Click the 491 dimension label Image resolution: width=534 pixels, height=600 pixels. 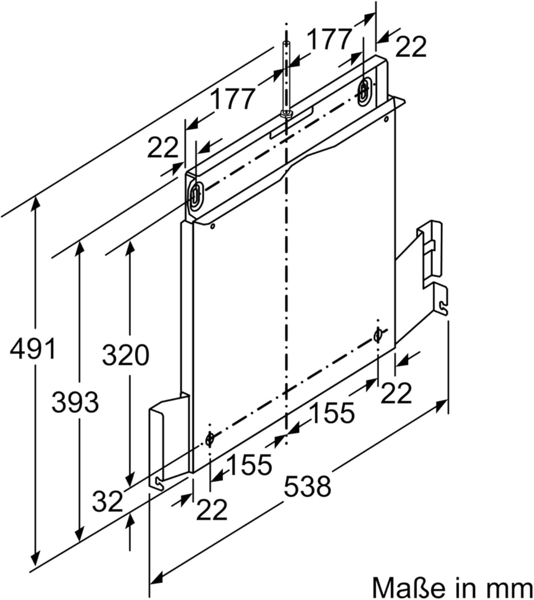tap(33, 348)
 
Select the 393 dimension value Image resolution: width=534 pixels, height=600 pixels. tap(75, 402)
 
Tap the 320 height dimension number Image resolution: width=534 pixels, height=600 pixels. tap(125, 355)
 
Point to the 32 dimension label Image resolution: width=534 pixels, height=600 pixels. tap(107, 501)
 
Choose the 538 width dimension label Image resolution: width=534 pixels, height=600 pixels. tap(308, 486)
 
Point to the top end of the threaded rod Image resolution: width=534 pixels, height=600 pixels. tap(286, 43)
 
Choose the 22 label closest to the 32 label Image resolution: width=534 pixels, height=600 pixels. tap(211, 510)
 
